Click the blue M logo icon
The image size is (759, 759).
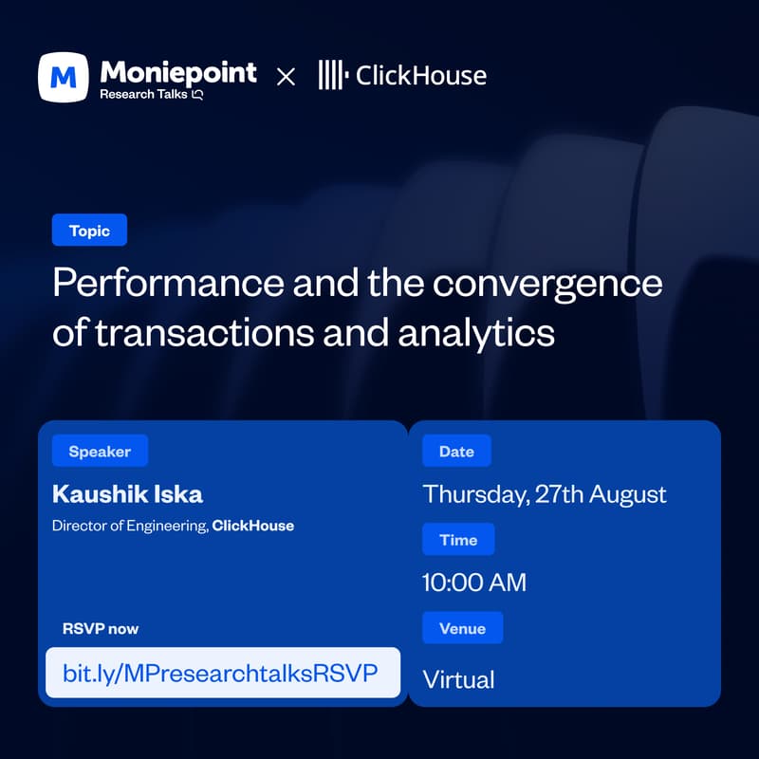click(x=64, y=78)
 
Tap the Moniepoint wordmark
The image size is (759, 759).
click(x=178, y=73)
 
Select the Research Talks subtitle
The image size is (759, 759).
click(x=151, y=94)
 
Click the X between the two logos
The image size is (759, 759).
click(x=287, y=77)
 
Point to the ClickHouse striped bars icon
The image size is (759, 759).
click(x=334, y=75)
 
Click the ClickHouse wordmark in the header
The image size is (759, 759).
click(x=421, y=76)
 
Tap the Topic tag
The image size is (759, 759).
click(x=89, y=230)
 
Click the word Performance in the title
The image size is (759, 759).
click(x=169, y=283)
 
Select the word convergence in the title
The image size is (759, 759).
click(x=547, y=285)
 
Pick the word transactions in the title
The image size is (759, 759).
click(x=205, y=333)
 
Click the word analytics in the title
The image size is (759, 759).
click(x=476, y=335)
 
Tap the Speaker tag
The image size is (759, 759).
click(x=100, y=452)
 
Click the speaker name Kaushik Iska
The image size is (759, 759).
click(x=127, y=494)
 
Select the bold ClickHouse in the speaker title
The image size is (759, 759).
click(x=253, y=526)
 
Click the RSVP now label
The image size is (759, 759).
click(x=101, y=629)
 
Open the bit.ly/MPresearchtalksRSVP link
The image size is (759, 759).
click(x=220, y=674)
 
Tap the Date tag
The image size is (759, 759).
click(x=456, y=452)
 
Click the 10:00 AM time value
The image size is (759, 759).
click(x=474, y=583)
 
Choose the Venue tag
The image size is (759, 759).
click(x=463, y=628)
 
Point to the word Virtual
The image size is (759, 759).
click(x=459, y=679)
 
